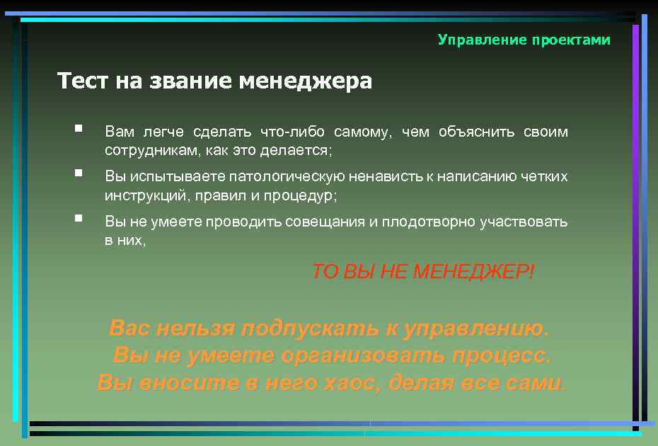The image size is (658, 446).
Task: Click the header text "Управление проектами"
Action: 524,40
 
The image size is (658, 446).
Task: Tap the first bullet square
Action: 79,130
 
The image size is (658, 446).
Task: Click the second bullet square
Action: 79,173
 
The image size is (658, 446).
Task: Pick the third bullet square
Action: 79,219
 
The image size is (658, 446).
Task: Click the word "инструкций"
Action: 144,195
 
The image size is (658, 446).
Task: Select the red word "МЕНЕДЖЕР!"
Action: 473,271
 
